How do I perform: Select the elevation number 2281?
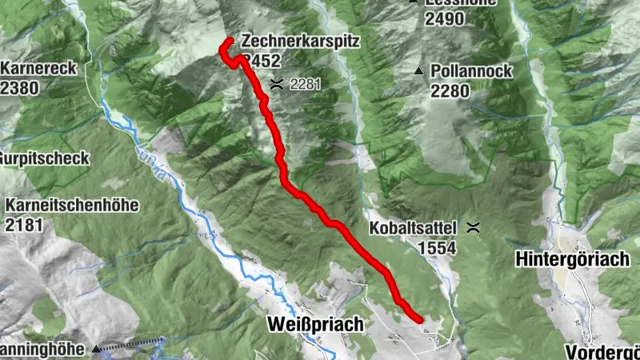305,84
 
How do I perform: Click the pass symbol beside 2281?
277,83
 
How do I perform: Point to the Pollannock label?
471,72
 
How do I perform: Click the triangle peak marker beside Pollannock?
418,72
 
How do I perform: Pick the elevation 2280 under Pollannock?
450,91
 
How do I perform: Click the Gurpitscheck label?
44,158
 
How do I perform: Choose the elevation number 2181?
24,225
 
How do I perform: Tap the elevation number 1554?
436,249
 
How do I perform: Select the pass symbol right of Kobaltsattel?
474,228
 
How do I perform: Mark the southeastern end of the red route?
420,319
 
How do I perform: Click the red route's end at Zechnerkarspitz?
230,40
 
